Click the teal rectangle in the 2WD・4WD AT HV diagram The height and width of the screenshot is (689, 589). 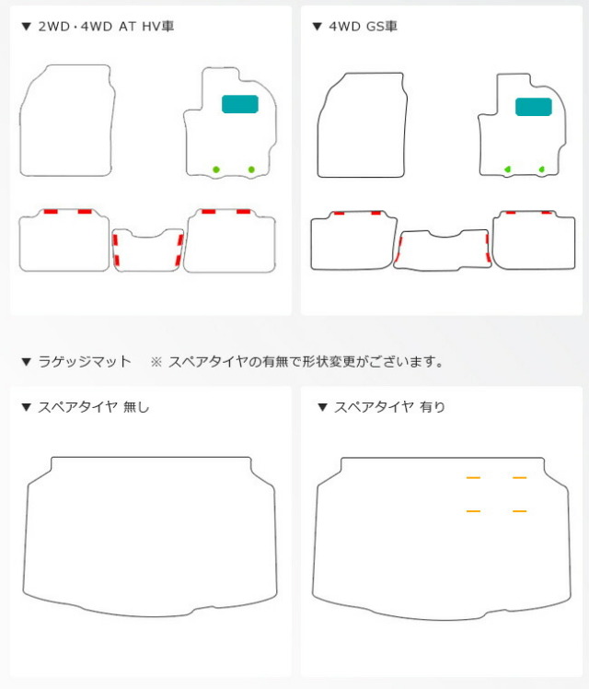(240, 104)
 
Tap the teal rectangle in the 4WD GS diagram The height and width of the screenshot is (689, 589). (533, 107)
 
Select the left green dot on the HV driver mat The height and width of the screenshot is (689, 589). (216, 169)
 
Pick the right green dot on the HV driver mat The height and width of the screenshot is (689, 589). (251, 169)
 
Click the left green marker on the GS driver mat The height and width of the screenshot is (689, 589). (507, 169)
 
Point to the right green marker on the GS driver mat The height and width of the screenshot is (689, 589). (541, 169)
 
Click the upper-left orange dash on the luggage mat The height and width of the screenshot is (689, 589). (473, 478)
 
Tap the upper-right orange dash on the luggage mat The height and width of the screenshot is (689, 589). (519, 478)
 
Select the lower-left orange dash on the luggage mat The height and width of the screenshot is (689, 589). (473, 511)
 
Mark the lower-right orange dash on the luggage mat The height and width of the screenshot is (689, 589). (519, 511)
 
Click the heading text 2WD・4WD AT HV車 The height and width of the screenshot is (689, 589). (106, 27)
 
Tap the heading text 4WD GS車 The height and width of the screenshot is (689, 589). (363, 27)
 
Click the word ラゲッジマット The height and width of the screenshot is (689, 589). (85, 362)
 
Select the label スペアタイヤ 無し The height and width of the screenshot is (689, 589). (94, 407)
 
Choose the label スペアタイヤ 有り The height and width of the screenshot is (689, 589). (389, 407)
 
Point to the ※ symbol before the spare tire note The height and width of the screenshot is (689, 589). (156, 362)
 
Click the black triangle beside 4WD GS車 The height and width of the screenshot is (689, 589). (317, 27)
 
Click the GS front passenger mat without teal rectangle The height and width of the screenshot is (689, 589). (362, 125)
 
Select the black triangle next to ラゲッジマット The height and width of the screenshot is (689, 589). (27, 362)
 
